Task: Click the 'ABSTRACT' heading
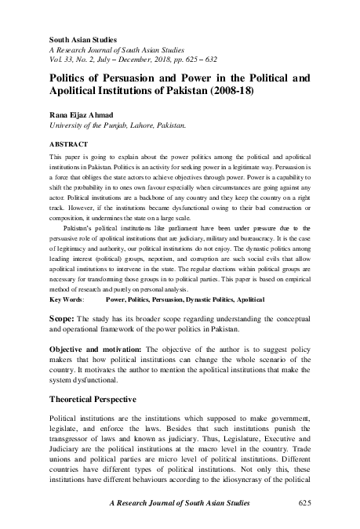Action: (x=67, y=145)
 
